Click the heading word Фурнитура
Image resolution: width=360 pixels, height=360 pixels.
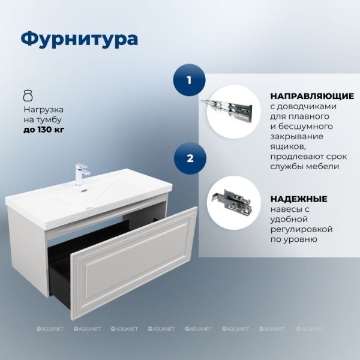click(x=79, y=40)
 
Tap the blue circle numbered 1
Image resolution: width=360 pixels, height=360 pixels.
click(x=189, y=80)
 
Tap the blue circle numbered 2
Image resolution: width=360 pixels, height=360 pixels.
click(x=190, y=158)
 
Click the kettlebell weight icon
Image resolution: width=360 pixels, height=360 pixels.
click(x=28, y=95)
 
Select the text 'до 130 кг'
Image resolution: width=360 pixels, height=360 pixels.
click(x=44, y=130)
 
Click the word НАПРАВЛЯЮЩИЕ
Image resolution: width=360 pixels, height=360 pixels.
click(x=312, y=96)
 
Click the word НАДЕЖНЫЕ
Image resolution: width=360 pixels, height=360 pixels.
click(x=299, y=199)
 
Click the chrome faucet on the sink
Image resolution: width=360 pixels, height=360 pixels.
click(x=81, y=174)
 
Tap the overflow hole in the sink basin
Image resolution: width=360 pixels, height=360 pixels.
click(x=83, y=190)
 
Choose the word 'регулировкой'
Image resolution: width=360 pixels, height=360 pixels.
click(x=301, y=229)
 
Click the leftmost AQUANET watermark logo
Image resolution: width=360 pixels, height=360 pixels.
click(x=50, y=329)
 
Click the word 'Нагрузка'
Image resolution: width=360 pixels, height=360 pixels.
click(x=43, y=110)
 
